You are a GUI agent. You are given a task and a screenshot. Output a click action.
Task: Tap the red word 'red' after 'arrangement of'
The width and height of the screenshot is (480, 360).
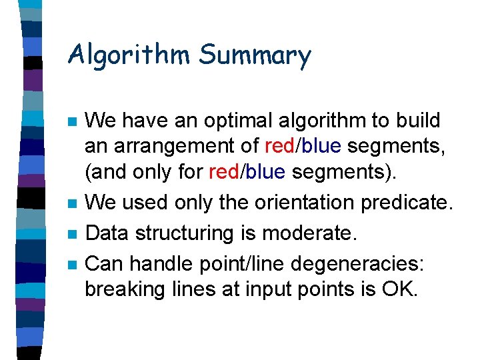(280, 146)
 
